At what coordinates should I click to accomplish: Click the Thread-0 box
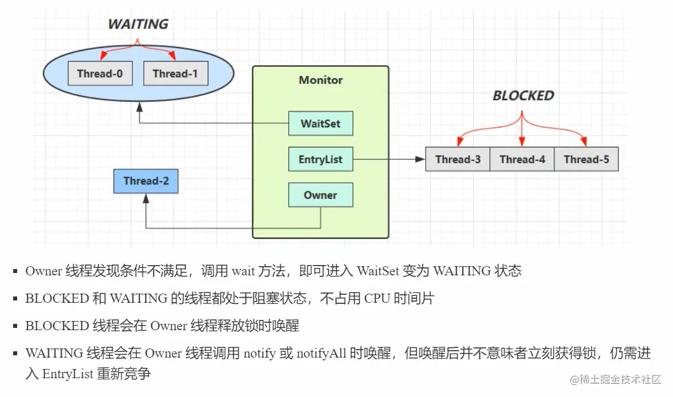(100, 74)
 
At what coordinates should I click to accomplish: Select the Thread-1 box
(176, 74)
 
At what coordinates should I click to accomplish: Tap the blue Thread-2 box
(146, 181)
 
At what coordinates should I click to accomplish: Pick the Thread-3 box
(458, 159)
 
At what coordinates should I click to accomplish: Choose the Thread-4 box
(522, 159)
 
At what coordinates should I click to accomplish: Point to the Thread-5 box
(586, 159)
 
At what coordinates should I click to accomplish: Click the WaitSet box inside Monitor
(320, 123)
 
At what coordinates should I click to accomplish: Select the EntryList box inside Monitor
(320, 159)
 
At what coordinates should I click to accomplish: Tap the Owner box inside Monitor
(320, 195)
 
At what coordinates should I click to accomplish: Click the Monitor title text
(321, 80)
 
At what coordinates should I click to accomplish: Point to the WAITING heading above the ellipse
(138, 24)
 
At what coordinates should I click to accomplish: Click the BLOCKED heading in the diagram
(523, 95)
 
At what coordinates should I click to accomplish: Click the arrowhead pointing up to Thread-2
(146, 198)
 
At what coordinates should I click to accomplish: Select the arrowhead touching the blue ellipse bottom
(139, 107)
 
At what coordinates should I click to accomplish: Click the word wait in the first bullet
(243, 271)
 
